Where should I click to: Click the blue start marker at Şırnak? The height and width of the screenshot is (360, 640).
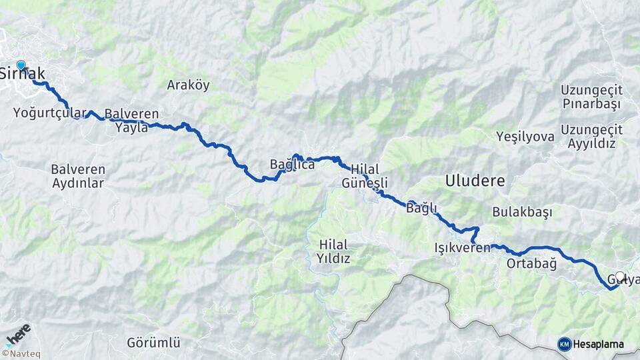21,65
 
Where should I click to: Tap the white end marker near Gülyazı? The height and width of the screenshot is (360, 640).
620,276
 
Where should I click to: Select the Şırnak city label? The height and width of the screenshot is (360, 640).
23,73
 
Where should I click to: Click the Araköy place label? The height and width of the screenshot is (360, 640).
188,85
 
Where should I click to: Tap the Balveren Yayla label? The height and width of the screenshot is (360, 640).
131,120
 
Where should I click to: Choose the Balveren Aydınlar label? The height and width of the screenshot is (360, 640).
78,176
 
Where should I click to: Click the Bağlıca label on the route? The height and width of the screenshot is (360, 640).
292,164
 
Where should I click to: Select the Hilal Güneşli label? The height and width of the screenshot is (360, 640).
364,176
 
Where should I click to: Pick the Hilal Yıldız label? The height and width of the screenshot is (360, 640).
334,251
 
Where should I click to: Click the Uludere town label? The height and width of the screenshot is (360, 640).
475,180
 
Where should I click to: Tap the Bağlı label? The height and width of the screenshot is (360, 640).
421,209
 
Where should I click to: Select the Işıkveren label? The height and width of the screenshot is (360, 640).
462,248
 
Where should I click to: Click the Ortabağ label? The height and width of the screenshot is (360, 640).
531,263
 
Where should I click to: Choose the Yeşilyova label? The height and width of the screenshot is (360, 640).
525,137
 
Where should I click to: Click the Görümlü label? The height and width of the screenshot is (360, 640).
154,343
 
